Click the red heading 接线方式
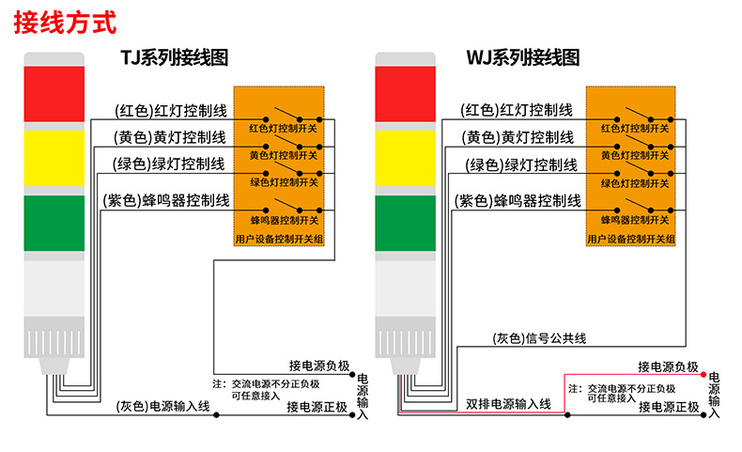click(65, 21)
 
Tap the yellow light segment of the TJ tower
click(54, 158)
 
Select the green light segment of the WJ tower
click(407, 225)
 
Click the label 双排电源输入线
click(508, 404)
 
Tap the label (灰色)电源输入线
click(163, 407)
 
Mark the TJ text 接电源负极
click(319, 366)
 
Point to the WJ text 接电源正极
click(669, 408)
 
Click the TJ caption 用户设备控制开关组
click(280, 240)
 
